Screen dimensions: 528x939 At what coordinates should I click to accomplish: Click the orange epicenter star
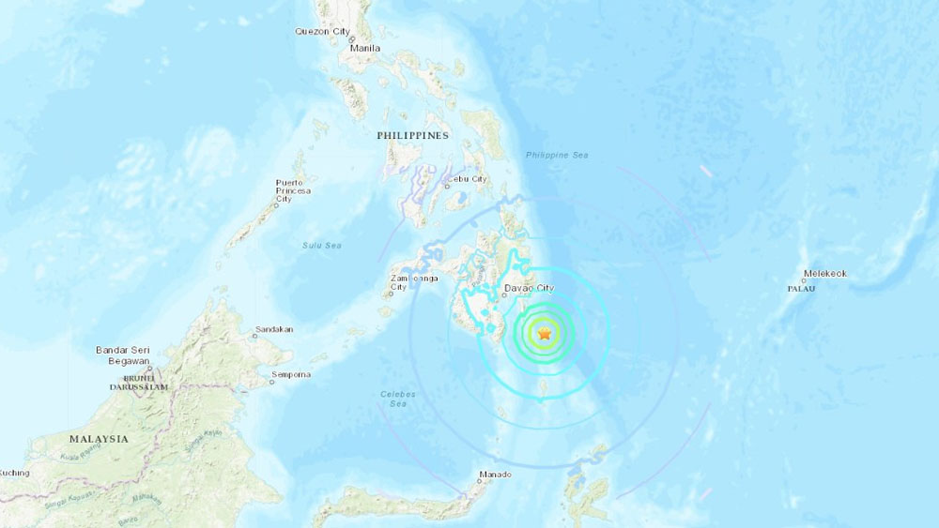click(x=545, y=333)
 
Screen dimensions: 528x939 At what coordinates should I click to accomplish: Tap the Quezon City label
click(x=321, y=31)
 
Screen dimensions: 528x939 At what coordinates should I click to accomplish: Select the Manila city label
click(x=365, y=48)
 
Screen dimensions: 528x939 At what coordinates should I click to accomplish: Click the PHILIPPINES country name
click(x=413, y=136)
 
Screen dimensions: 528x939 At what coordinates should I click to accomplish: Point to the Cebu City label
click(x=467, y=179)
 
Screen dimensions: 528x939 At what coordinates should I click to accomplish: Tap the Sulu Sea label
click(x=321, y=246)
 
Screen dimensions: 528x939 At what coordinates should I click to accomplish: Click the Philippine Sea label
click(x=557, y=155)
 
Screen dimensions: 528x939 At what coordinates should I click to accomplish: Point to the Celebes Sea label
click(x=399, y=399)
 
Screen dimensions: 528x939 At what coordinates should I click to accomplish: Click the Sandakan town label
click(x=273, y=330)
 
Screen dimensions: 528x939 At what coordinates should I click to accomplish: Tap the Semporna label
click(x=290, y=375)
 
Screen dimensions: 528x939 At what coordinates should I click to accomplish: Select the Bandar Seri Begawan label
click(x=123, y=355)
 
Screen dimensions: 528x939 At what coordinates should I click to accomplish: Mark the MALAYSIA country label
click(x=99, y=439)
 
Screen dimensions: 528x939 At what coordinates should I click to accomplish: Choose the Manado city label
click(x=495, y=475)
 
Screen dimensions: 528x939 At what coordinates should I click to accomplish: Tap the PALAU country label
click(x=801, y=289)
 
